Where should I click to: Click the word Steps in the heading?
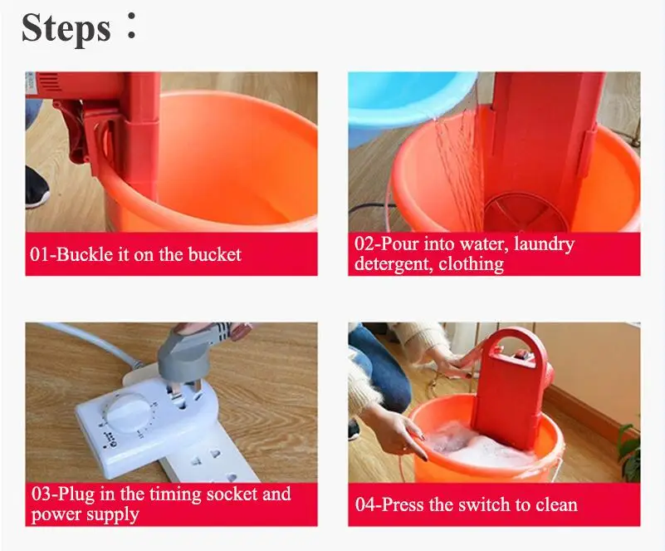66,28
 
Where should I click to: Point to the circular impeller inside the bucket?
526,212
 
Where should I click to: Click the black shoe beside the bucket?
36,187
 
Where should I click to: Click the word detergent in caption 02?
394,264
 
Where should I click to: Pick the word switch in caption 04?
484,504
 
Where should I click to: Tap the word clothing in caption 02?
472,264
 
